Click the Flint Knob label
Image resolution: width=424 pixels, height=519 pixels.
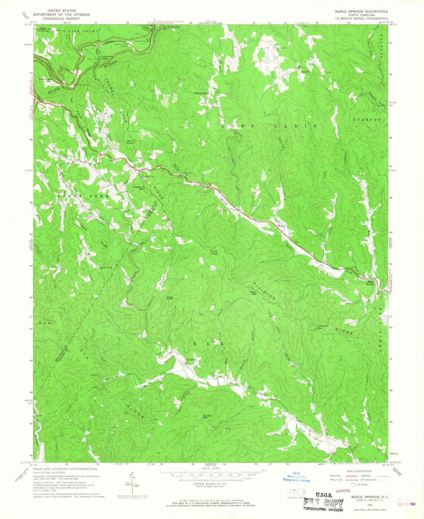[x=214, y=253]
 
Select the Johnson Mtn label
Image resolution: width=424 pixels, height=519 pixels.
[x=322, y=327]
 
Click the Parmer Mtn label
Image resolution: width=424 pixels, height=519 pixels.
[x=207, y=417]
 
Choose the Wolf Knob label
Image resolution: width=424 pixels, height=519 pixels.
[x=130, y=142]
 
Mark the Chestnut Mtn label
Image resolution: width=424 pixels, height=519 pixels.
[x=139, y=188]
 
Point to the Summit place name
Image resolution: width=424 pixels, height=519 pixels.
[x=305, y=72]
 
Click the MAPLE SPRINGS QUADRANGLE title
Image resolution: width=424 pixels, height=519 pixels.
[x=362, y=12]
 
